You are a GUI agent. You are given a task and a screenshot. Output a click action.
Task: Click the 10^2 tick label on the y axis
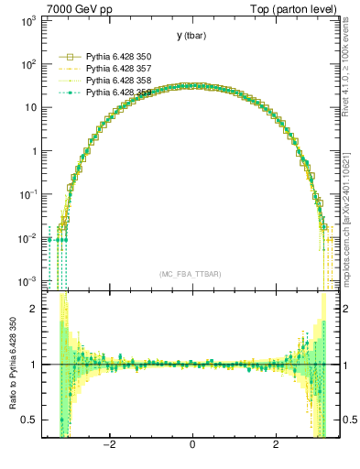point(27,64)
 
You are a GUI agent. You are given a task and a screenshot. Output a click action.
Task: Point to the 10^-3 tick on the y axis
point(27,280)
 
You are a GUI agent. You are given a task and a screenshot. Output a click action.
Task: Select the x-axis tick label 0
point(192,446)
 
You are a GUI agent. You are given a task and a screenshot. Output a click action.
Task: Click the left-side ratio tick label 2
point(35,309)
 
